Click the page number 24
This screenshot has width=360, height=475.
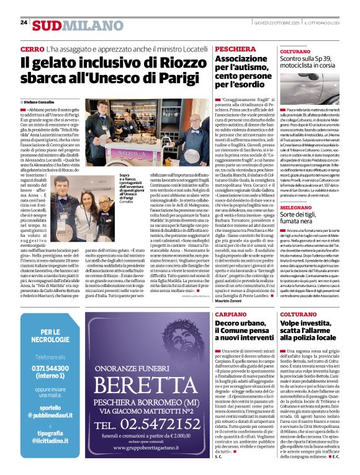(24, 22)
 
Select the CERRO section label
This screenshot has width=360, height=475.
(32, 48)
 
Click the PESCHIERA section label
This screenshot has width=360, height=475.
(235, 48)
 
